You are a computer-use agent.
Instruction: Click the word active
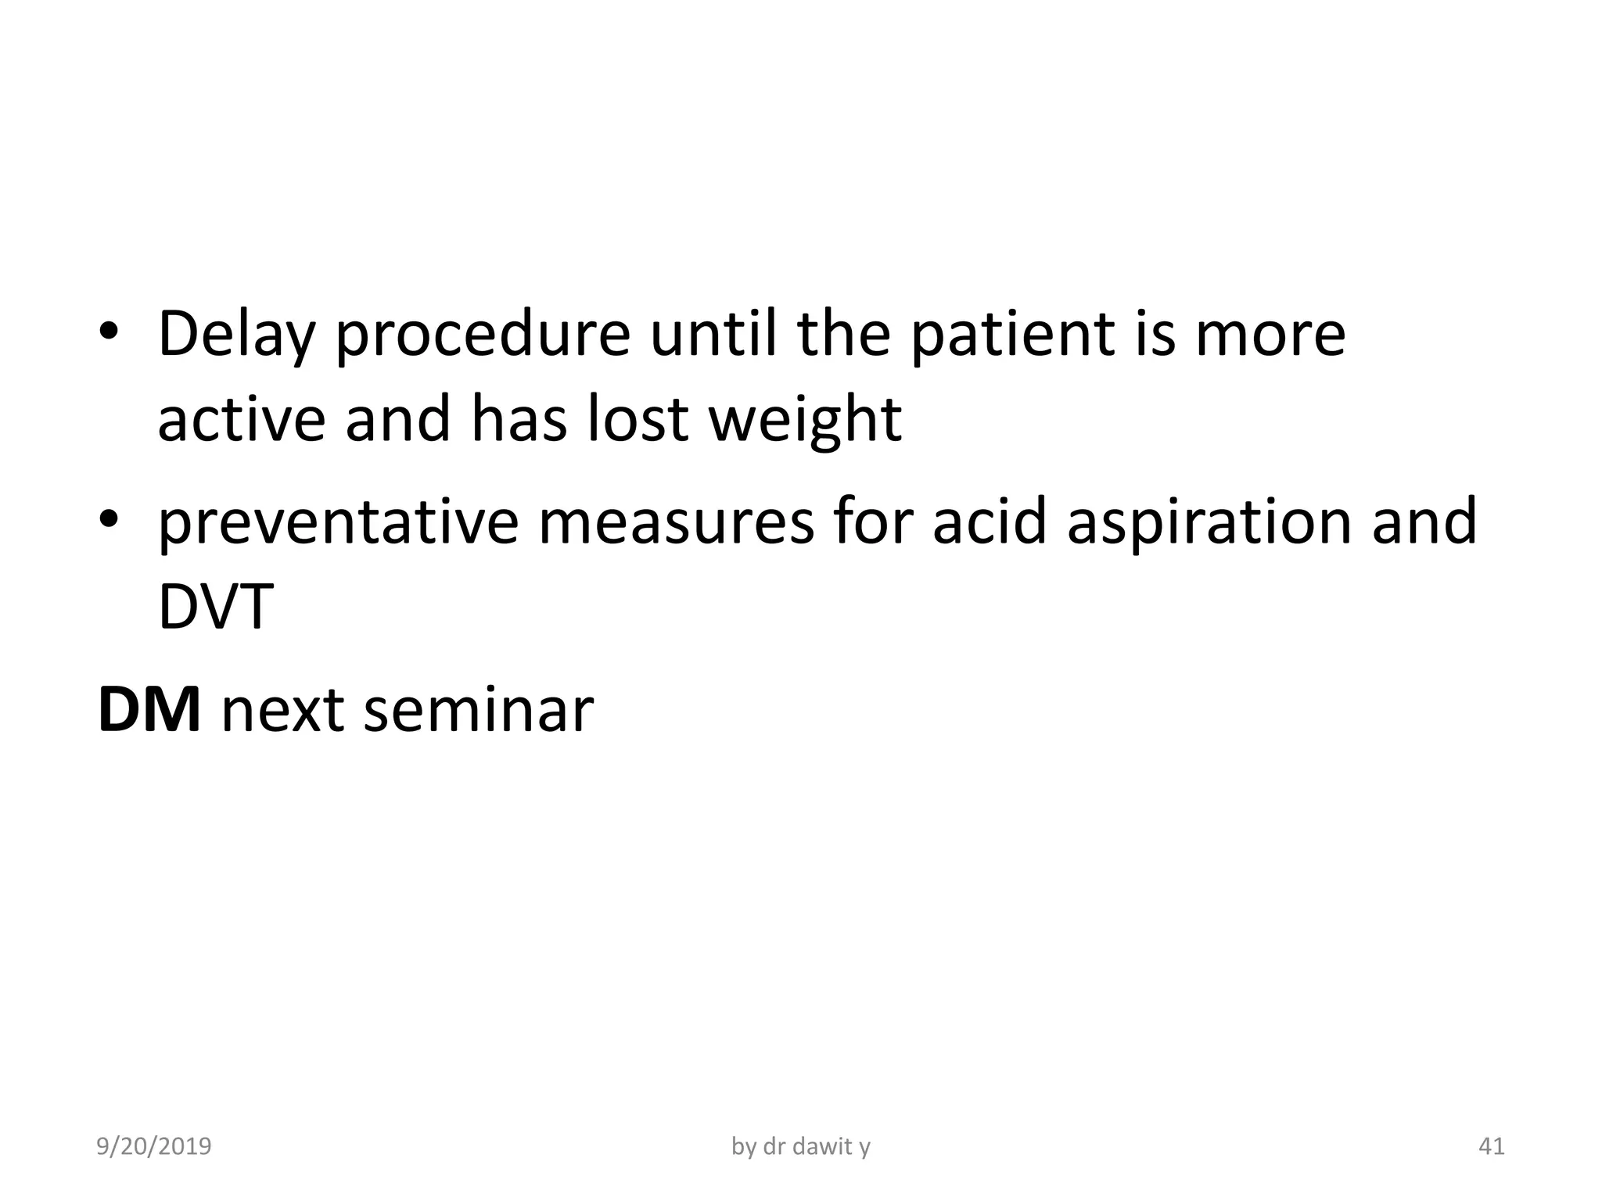point(241,420)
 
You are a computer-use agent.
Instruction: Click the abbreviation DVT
point(216,608)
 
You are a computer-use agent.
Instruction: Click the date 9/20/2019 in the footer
point(153,1146)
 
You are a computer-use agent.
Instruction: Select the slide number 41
point(1491,1146)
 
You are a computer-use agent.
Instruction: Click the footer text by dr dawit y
point(800,1146)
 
